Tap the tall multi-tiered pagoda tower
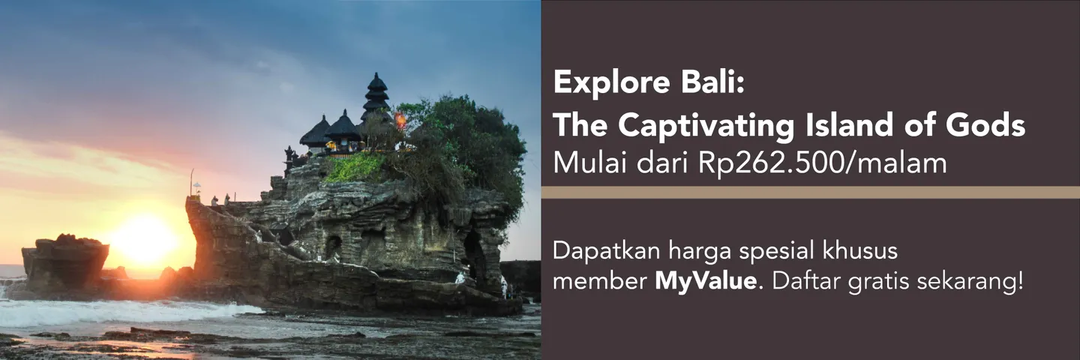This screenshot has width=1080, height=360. pos(376,97)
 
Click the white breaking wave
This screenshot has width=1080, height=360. pos(112,311)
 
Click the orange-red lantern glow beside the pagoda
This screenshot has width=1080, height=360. pos(400,120)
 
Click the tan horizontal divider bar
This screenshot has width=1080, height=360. pos(810,192)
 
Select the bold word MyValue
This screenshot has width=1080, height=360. pos(703,283)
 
